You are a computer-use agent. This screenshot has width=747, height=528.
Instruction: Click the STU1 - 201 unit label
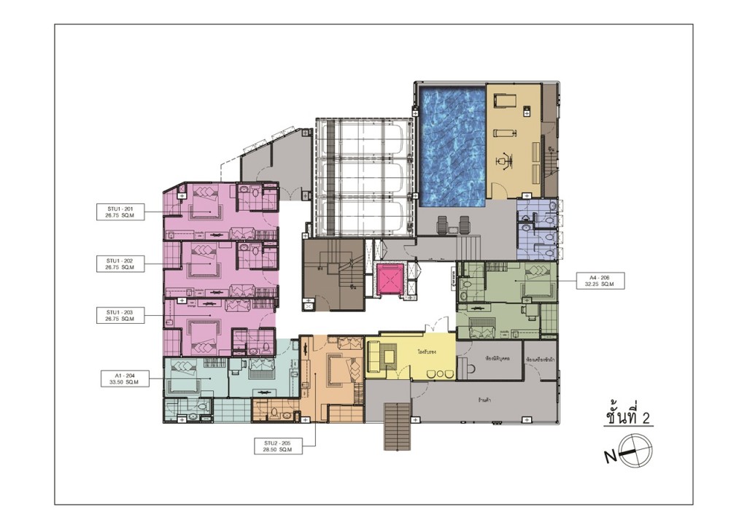[120, 212]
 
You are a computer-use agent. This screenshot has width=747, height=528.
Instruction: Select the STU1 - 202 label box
[120, 263]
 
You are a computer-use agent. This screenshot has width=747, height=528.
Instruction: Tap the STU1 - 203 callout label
[120, 315]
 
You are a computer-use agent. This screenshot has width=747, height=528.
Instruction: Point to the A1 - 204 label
[120, 378]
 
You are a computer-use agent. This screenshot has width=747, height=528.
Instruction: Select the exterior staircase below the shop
[396, 426]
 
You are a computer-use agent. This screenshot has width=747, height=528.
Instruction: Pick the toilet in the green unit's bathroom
[464, 296]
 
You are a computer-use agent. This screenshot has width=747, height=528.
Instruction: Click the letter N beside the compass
[610, 457]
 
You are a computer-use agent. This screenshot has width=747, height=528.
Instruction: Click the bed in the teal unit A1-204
[182, 380]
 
